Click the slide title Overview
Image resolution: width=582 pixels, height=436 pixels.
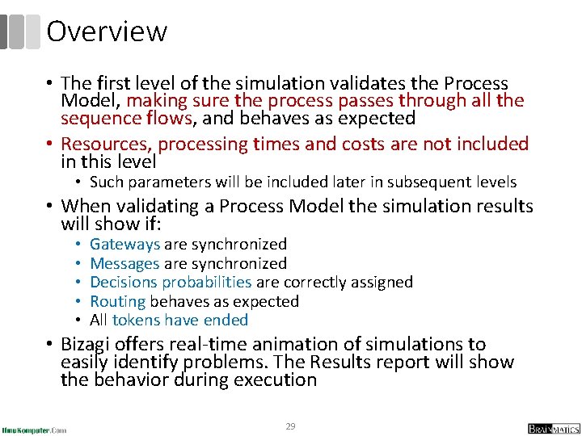(x=107, y=31)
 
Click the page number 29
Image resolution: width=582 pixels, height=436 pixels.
(x=290, y=426)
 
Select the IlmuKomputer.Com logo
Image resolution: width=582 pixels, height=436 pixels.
(x=34, y=430)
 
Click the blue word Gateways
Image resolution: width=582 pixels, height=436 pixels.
(x=125, y=244)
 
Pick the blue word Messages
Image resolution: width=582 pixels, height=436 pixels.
(x=125, y=263)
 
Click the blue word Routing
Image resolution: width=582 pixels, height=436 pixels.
(x=118, y=301)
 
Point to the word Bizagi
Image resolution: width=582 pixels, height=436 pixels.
(x=86, y=345)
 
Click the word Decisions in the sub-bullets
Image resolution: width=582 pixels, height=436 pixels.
(x=124, y=282)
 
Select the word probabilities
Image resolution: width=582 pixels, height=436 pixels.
(x=207, y=282)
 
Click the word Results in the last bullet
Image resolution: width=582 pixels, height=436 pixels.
(x=377, y=362)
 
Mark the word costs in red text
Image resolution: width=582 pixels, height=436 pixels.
(x=381, y=145)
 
